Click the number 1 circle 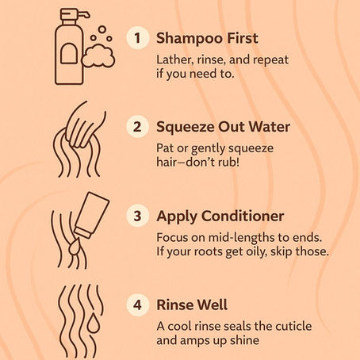coord(138,38)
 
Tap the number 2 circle coord(138,125)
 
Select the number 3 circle coord(138,214)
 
